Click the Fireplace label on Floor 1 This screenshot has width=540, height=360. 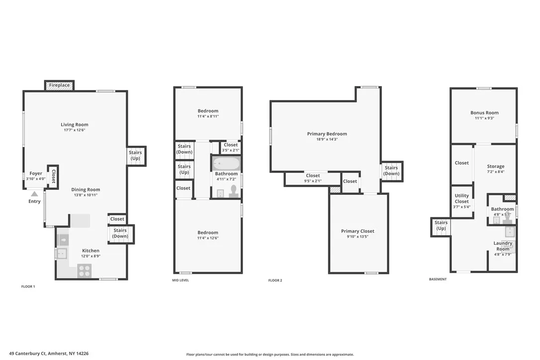[59, 85]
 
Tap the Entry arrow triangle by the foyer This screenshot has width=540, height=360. [34, 194]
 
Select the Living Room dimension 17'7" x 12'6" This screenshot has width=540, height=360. [75, 130]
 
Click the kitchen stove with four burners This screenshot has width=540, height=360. [85, 270]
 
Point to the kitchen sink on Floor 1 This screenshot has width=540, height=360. [62, 254]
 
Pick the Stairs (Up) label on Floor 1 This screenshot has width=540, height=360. [135, 155]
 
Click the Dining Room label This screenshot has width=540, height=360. [86, 189]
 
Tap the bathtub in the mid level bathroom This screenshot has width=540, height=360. [226, 163]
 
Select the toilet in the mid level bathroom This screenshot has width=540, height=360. [234, 191]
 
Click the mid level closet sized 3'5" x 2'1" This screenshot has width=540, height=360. [231, 148]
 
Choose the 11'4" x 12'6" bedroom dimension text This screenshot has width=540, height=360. [208, 238]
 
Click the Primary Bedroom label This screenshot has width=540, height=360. [327, 134]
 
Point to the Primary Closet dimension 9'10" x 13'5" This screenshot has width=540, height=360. [358, 237]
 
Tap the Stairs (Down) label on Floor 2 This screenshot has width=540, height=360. [391, 171]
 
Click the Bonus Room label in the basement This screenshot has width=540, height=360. [484, 113]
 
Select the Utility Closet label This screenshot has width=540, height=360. [462, 198]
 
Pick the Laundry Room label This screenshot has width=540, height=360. [503, 246]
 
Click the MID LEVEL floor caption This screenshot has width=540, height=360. [180, 280]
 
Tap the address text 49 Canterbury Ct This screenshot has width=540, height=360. [27, 354]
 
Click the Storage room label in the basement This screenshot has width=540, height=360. [496, 167]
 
